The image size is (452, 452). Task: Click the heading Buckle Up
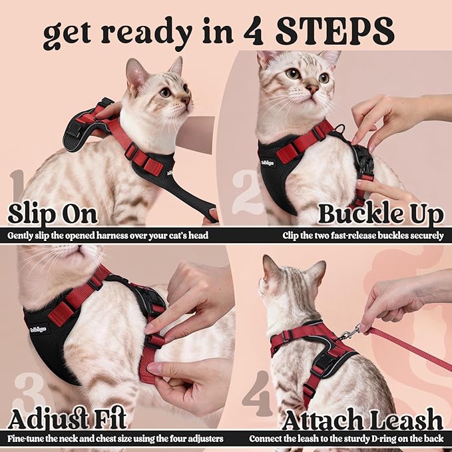[380, 214]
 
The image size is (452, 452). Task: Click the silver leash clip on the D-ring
[350, 331]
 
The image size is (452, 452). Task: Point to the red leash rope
[413, 346]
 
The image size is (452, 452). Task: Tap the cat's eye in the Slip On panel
[164, 93]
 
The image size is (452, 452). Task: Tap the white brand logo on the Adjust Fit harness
[38, 328]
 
